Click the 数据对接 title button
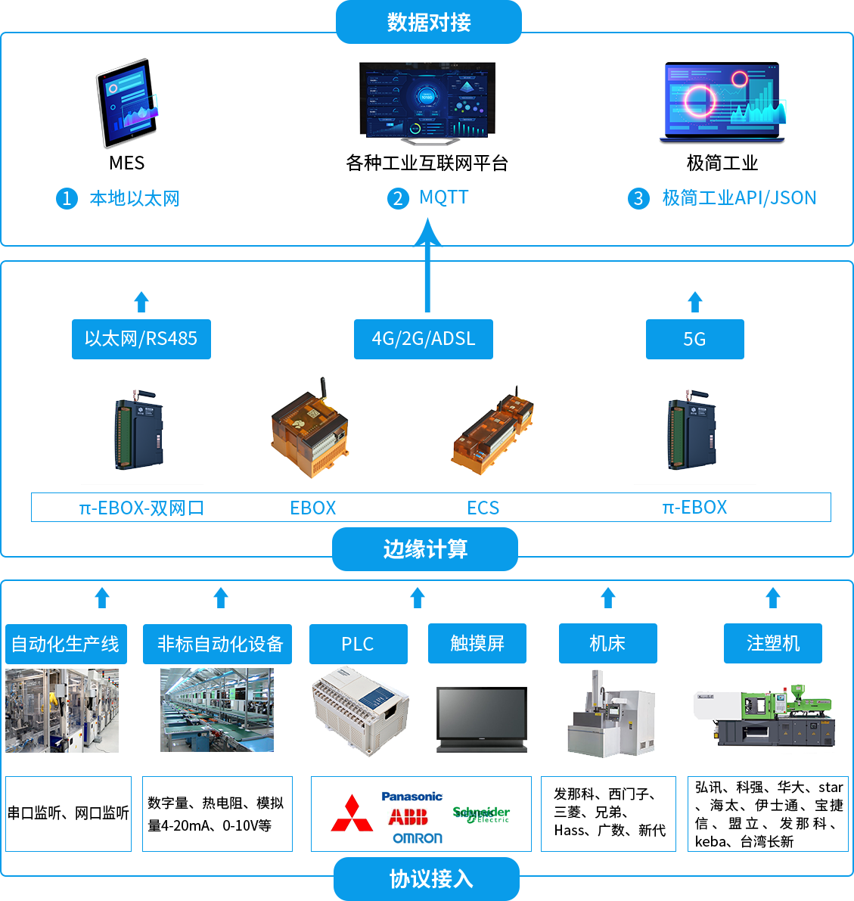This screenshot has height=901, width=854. (x=428, y=22)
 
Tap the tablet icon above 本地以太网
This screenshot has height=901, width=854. (x=126, y=103)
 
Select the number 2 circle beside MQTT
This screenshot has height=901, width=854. (x=398, y=199)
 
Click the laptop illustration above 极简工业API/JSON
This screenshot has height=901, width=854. (x=722, y=103)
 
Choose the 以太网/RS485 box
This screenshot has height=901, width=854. (x=141, y=339)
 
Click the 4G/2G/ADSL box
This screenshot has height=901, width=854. (x=424, y=339)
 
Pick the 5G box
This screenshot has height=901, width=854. (x=694, y=339)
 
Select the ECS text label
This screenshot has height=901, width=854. (x=483, y=508)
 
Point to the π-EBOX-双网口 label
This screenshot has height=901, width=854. (x=141, y=508)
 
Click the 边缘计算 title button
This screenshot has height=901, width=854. (x=425, y=549)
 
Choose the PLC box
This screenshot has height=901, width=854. (x=358, y=644)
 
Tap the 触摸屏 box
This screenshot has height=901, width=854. (x=477, y=644)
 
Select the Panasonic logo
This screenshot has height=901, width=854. (x=411, y=796)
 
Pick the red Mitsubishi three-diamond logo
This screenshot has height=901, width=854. (x=352, y=814)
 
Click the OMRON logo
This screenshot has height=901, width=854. (x=417, y=838)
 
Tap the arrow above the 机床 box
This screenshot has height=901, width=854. (x=608, y=598)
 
